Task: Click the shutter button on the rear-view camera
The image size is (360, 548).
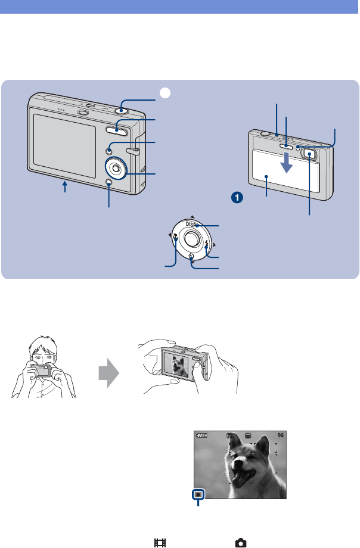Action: pyautogui.click(x=123, y=108)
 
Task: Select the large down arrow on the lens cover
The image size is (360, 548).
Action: pyautogui.click(x=287, y=163)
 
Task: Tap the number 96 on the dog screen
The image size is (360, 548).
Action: pyautogui.click(x=281, y=435)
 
